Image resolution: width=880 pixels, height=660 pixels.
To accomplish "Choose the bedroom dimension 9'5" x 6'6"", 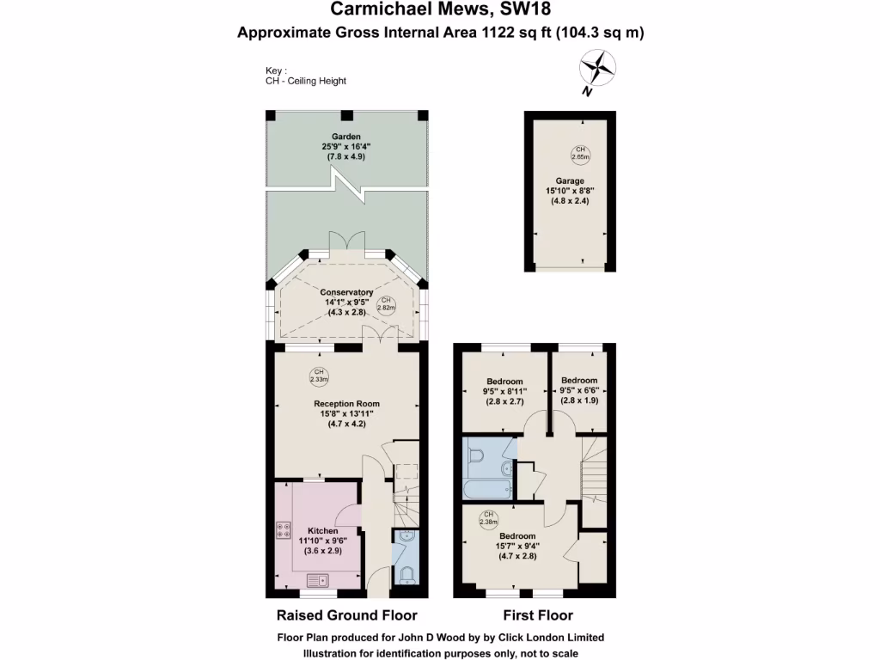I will tap(578, 391).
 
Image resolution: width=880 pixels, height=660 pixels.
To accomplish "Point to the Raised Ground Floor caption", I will tap(346, 615).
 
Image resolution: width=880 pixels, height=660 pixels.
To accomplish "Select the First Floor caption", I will tap(537, 615).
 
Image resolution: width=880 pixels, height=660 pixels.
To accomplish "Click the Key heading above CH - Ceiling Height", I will tap(276, 70).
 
